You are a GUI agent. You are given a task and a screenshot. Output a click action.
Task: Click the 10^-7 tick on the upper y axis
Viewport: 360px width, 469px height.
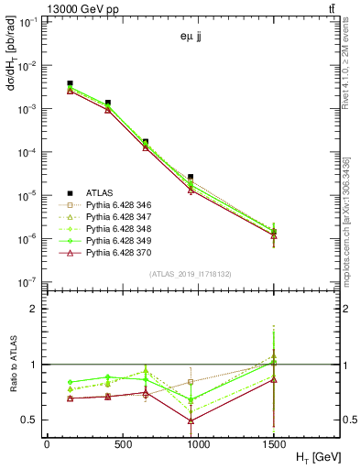tap(27, 282)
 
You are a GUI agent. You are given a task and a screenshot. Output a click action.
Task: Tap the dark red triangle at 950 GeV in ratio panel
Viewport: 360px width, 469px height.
tap(191, 420)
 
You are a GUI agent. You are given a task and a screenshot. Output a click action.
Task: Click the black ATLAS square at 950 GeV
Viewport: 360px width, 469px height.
tap(191, 177)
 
